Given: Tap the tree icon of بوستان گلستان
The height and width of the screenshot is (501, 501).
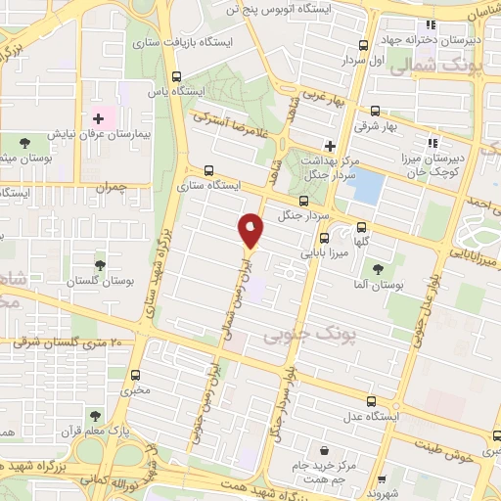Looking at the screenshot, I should pyautogui.click(x=99, y=264).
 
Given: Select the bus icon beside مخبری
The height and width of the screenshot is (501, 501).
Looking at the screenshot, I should pyautogui.click(x=134, y=374).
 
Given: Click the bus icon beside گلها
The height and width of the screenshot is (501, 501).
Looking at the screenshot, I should pyautogui.click(x=361, y=223).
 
